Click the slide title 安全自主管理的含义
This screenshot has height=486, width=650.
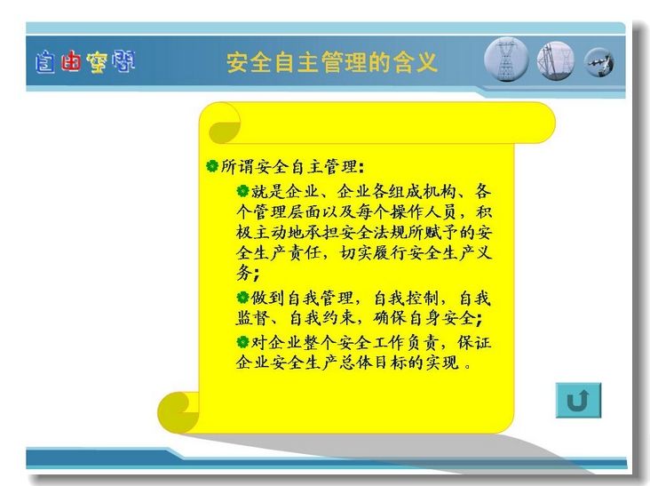click(x=331, y=62)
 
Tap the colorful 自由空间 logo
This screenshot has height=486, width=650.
click(x=85, y=62)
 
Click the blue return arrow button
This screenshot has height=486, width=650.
click(x=578, y=400)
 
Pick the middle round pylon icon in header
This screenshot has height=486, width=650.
click(x=556, y=61)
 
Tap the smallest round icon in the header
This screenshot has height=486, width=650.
click(x=599, y=62)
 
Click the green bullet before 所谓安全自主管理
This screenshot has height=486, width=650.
click(x=212, y=166)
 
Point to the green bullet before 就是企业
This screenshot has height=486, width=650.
click(x=242, y=191)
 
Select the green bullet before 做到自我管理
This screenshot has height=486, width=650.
click(x=242, y=298)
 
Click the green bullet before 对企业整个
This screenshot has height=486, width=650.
click(x=242, y=342)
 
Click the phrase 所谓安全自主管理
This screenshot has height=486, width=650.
click(x=289, y=166)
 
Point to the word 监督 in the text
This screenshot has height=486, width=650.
click(x=252, y=318)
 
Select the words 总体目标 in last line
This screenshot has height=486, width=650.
click(x=372, y=363)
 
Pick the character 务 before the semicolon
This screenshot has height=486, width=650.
click(x=244, y=273)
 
